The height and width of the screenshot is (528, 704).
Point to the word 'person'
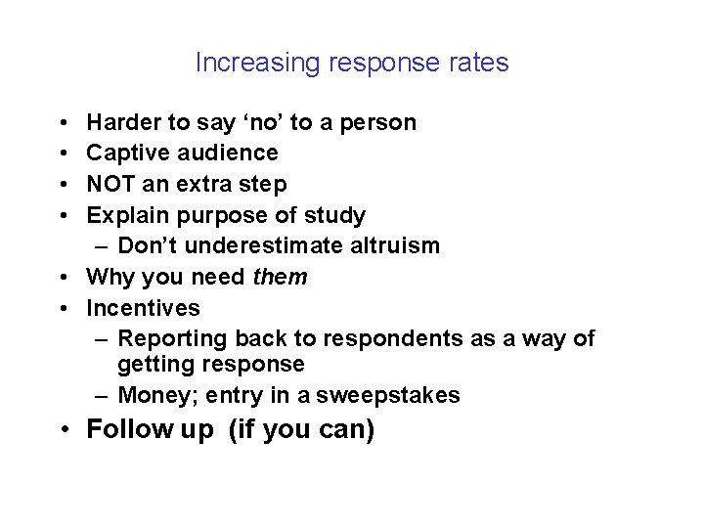pos(381,123)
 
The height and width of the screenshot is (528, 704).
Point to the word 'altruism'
pos(391,246)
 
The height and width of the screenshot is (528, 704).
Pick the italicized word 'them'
pos(280,278)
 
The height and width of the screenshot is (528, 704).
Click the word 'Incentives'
pos(144,308)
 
